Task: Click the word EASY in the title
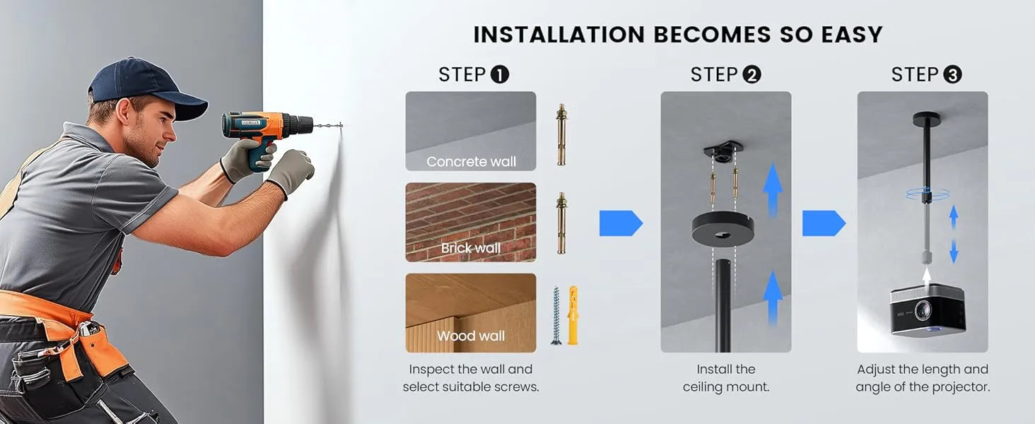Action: coord(852,35)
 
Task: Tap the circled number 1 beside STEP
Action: coord(500,75)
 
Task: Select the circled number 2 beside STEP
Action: coord(752,75)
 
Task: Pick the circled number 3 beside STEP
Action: coord(952,75)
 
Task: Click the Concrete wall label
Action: coord(472,162)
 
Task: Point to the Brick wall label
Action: coord(471,248)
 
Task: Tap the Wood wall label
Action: coord(471,336)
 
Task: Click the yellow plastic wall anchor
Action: coord(573,315)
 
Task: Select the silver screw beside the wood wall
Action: coord(556,315)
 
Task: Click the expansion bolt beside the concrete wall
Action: coord(561,134)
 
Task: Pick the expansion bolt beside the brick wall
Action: coord(561,223)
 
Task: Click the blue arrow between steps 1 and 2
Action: coord(621,223)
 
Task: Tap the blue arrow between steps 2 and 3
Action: coord(824,223)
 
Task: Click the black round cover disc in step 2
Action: coord(723,229)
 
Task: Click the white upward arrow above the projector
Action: coord(926,276)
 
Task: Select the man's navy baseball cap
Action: coord(147,88)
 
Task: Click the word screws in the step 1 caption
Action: coord(517,387)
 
